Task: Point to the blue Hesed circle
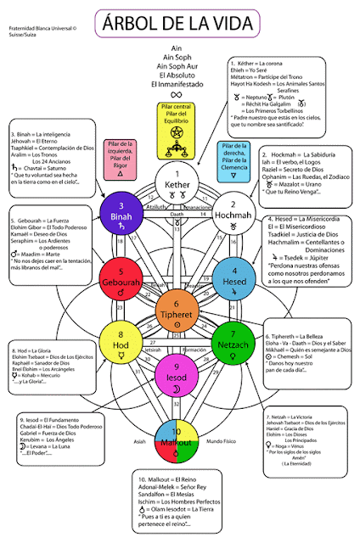pos(233,277)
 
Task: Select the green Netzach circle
pos(233,343)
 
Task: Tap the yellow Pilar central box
pos(179,129)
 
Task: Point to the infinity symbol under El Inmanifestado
pos(178,95)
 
